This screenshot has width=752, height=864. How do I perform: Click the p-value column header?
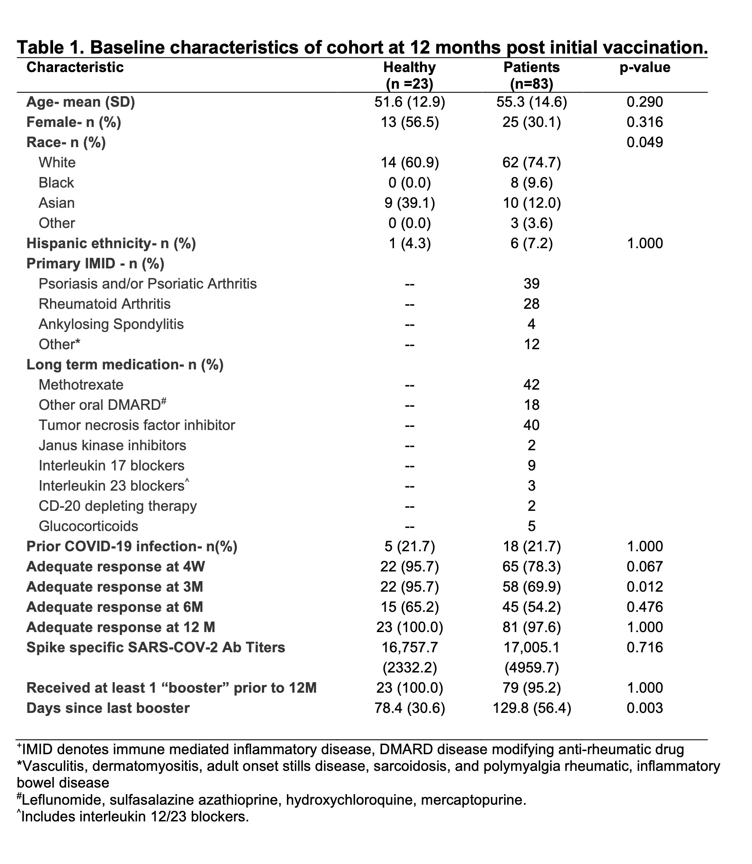tap(645, 67)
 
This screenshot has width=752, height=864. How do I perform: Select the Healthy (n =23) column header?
tap(409, 75)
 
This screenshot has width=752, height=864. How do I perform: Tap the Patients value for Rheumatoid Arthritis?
tap(531, 304)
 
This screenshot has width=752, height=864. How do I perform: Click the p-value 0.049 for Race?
tap(645, 142)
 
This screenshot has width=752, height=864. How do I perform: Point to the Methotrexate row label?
tap(81, 385)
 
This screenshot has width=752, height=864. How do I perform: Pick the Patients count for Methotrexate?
tap(531, 385)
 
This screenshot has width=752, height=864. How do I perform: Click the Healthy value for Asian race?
tap(409, 203)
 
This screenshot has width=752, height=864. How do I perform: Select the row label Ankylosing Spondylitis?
tap(111, 324)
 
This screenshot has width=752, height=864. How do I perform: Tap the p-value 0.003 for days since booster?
tap(645, 708)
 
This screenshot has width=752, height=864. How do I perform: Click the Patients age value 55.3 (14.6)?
tap(531, 102)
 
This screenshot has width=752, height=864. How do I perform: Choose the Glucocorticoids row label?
tap(88, 526)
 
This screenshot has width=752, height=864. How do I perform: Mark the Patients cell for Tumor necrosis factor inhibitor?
tap(531, 425)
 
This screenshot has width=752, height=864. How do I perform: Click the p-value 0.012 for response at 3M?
tap(645, 587)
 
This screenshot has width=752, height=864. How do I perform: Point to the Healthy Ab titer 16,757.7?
tap(409, 647)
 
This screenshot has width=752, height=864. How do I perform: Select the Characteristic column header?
tap(75, 67)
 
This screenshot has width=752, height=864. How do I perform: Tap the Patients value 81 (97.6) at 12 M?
tap(531, 627)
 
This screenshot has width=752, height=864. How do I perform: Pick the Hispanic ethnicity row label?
tap(111, 243)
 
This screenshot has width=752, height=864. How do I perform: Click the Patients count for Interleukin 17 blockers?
tap(531, 466)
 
